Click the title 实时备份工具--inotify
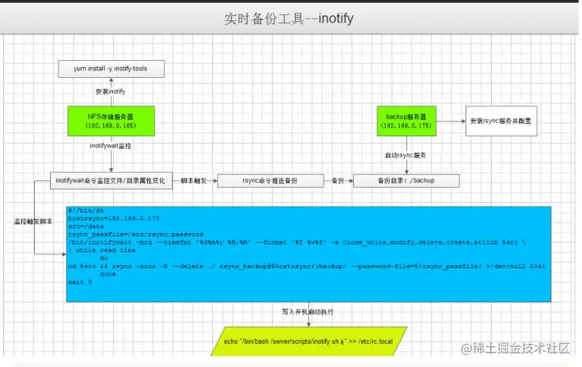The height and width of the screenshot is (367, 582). (288, 18)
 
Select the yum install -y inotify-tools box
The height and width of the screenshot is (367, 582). (110, 69)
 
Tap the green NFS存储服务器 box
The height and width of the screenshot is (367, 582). (110, 120)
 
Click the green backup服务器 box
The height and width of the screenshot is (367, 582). (407, 120)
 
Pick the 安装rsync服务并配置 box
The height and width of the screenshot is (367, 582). (501, 121)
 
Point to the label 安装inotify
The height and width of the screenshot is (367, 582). (110, 92)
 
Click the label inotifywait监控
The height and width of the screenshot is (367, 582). (110, 146)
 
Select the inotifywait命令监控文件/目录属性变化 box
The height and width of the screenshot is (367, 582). (110, 180)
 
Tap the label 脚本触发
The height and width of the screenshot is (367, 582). (195, 180)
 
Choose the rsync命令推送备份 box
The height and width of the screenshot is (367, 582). (270, 181)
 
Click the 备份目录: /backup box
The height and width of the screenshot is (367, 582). (406, 181)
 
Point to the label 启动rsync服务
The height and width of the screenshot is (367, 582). (405, 156)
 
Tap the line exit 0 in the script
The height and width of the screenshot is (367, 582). (80, 282)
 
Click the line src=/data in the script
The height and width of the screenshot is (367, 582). (86, 226)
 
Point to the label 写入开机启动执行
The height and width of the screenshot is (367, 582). (307, 312)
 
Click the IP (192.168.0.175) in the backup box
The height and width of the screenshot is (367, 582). (407, 126)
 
